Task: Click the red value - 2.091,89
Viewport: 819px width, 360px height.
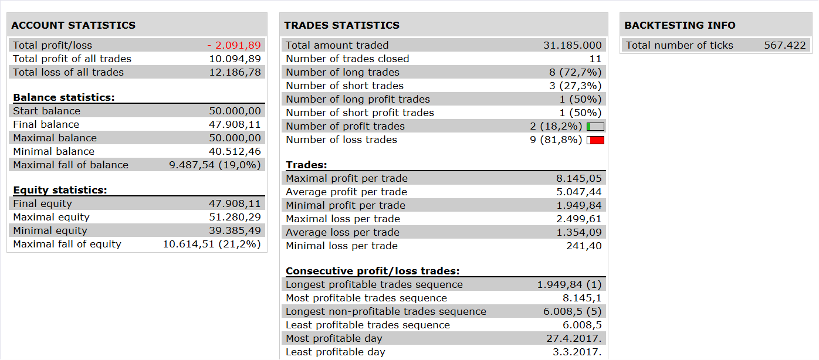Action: [234, 45]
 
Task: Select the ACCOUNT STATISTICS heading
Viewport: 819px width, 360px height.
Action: [73, 25]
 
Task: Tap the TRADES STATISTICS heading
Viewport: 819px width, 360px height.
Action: [342, 25]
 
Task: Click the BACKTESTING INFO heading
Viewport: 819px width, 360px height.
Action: [680, 25]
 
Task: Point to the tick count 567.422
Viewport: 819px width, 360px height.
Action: [785, 45]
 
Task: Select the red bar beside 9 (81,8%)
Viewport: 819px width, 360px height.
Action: [595, 140]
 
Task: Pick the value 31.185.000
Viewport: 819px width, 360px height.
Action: [572, 45]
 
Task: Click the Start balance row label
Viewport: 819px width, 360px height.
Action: [47, 111]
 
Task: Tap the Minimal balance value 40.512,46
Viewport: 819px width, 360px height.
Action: [235, 152]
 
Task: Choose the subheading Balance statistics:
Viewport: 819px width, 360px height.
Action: [64, 97]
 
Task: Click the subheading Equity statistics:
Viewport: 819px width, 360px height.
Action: [60, 191]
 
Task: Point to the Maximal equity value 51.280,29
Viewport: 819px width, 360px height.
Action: [235, 218]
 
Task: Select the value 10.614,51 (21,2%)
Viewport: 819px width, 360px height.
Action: [212, 244]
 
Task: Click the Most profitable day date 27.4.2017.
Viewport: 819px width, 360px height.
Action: [574, 339]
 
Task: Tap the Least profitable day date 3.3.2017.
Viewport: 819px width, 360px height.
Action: [577, 352]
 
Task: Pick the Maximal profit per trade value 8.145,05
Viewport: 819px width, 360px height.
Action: [579, 179]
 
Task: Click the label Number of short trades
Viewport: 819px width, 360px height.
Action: [345, 86]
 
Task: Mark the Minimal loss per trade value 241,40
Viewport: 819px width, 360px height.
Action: [584, 246]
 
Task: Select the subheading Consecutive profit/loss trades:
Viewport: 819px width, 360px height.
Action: [373, 271]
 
